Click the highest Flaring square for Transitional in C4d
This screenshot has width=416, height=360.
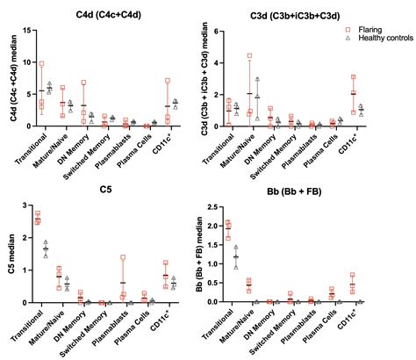41,64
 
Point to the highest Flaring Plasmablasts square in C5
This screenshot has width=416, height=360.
124,258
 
